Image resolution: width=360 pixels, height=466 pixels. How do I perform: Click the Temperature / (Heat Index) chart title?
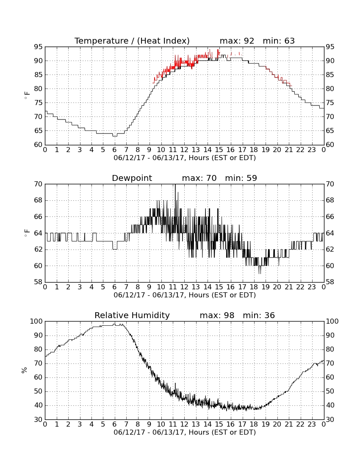132,41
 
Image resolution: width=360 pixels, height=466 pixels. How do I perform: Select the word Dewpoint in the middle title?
132,178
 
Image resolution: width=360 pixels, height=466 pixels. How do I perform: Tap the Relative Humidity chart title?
132,315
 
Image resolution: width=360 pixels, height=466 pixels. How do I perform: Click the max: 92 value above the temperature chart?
237,41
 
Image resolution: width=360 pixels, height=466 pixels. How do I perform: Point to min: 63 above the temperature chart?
279,41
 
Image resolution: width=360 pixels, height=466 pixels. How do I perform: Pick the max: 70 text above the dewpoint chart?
199,178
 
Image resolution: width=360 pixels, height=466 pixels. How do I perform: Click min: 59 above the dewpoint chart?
241,178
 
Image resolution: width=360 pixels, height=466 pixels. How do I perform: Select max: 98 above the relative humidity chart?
217,315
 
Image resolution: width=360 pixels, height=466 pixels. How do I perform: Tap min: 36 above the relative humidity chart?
259,315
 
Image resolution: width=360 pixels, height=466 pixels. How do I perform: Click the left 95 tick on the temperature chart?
38,47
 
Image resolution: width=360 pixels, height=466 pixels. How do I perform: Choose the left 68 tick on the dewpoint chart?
38,200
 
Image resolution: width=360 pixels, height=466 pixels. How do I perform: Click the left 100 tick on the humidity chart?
36,321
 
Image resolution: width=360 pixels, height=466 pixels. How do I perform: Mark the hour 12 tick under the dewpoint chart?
184,287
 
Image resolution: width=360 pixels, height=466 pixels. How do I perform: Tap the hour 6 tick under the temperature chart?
115,150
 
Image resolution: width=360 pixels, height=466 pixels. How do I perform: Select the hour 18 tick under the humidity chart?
254,424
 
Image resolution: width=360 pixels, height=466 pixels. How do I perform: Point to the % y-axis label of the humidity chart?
24,370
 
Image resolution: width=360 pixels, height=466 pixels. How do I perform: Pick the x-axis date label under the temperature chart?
185,158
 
